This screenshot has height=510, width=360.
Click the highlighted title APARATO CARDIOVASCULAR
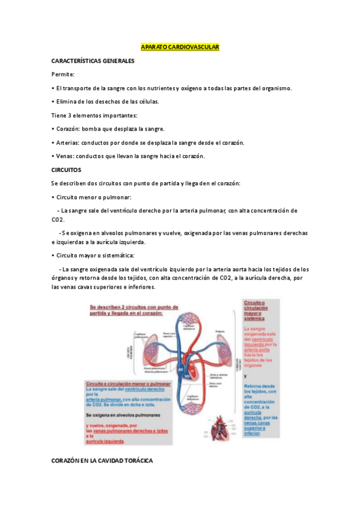point(180,47)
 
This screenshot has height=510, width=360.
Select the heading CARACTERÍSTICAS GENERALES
point(93,61)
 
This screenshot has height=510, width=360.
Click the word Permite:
point(63,74)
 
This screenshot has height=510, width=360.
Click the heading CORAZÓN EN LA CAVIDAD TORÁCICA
point(102,461)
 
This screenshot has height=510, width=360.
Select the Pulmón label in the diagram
point(220,331)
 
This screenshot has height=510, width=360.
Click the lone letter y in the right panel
point(245,375)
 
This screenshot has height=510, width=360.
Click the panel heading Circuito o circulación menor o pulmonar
point(128,383)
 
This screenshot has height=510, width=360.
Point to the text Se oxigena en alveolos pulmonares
point(123,415)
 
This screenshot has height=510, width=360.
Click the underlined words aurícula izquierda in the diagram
point(105,441)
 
